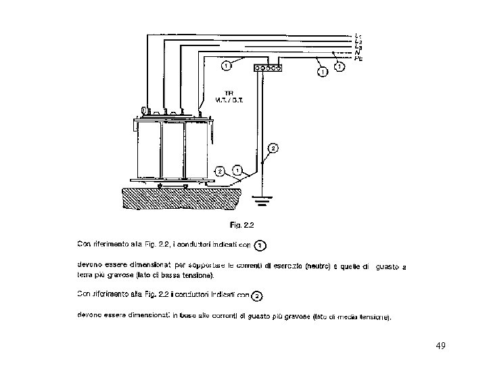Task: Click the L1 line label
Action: click(x=358, y=35)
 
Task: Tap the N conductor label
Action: click(x=358, y=52)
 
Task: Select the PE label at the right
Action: click(x=358, y=58)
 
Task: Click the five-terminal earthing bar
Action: click(x=266, y=68)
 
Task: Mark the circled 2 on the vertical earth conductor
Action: click(x=272, y=147)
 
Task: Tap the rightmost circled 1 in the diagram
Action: click(x=339, y=66)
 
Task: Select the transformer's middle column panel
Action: click(x=173, y=148)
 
